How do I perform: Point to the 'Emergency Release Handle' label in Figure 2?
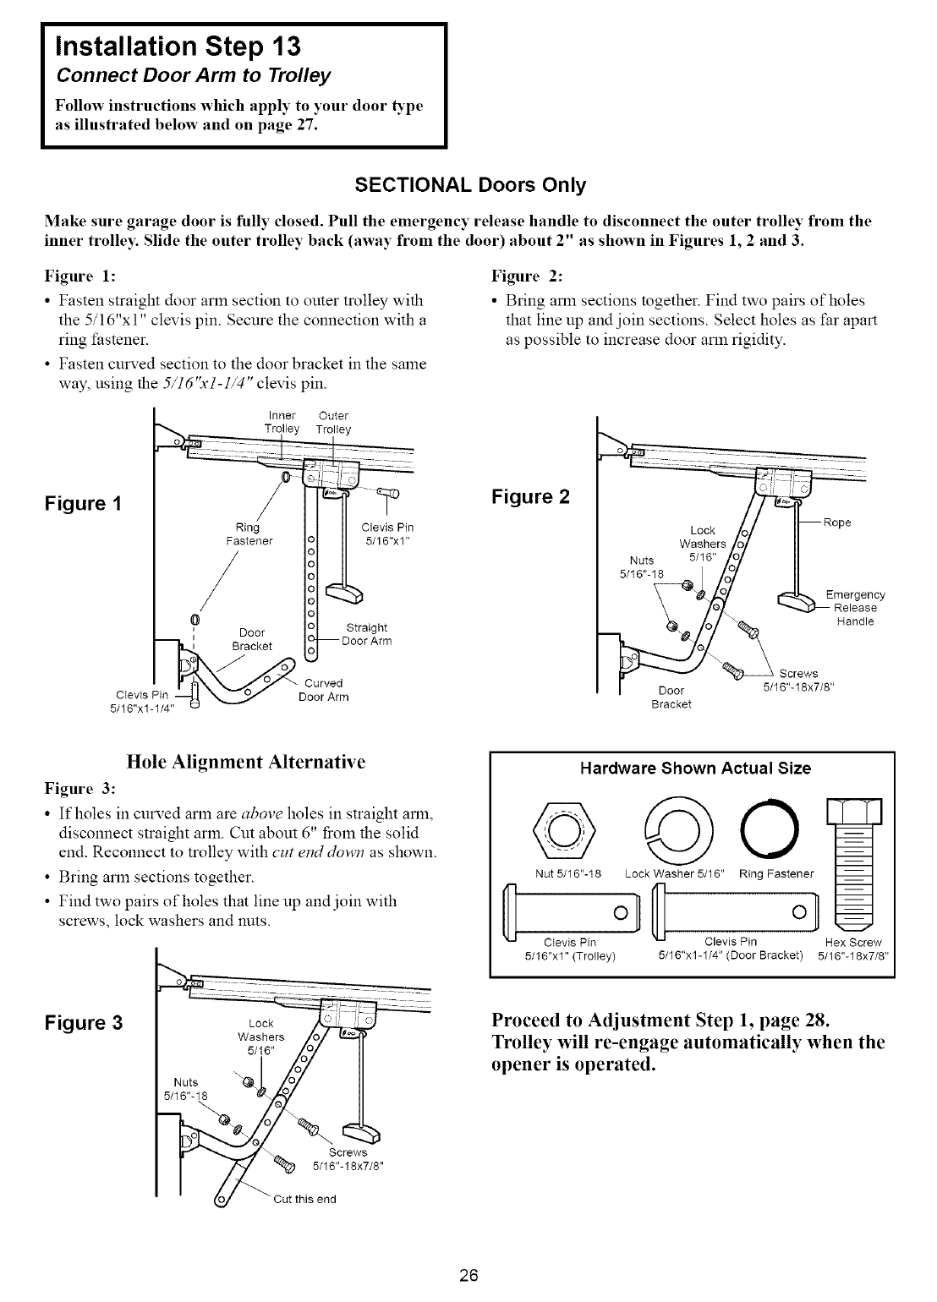pyautogui.click(x=855, y=608)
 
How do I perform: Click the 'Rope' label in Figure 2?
pyautogui.click(x=836, y=523)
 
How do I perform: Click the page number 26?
pyautogui.click(x=468, y=1277)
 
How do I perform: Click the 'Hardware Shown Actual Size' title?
pyautogui.click(x=694, y=769)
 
